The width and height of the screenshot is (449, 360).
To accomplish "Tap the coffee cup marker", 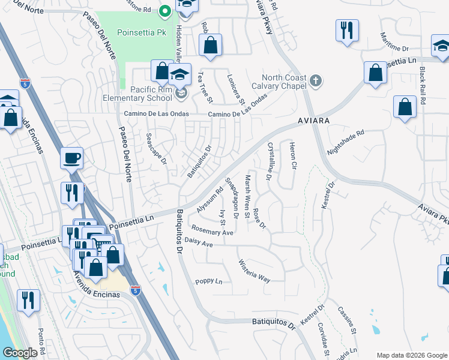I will click(71, 158).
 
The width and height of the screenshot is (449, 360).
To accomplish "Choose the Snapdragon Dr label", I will click(231, 197).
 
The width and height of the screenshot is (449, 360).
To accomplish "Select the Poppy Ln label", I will click(208, 281).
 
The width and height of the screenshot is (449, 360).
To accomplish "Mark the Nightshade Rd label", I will click(345, 142).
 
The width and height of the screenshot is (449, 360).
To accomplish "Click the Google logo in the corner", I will click(20, 353).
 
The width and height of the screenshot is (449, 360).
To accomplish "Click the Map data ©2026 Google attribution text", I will click(411, 355).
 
